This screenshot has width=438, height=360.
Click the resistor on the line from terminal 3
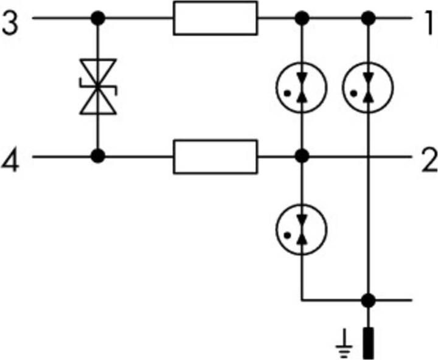(215, 18)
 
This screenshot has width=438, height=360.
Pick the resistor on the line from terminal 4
(215, 157)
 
